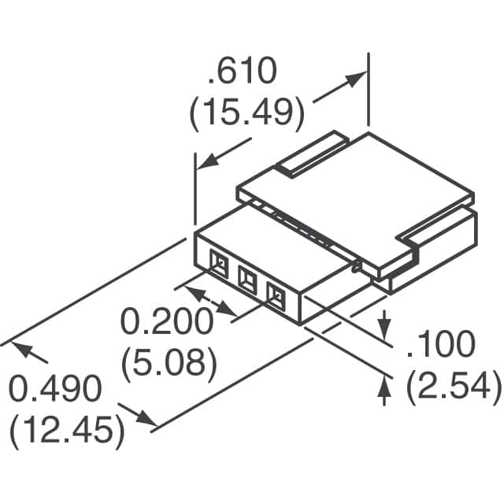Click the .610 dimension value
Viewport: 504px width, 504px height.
click(x=243, y=73)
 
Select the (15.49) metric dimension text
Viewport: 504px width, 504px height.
click(x=246, y=114)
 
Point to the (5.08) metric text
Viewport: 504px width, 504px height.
click(x=169, y=363)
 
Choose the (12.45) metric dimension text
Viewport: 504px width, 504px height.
click(x=67, y=431)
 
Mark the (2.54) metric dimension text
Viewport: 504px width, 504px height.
click(x=453, y=386)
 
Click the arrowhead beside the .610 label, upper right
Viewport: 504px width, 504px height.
click(x=358, y=79)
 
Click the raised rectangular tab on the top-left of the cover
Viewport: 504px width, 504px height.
click(x=313, y=154)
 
